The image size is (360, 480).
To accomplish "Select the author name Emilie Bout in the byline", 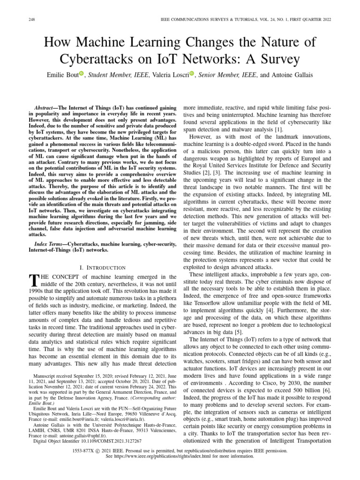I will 62,75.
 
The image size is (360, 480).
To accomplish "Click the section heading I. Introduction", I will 103,267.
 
